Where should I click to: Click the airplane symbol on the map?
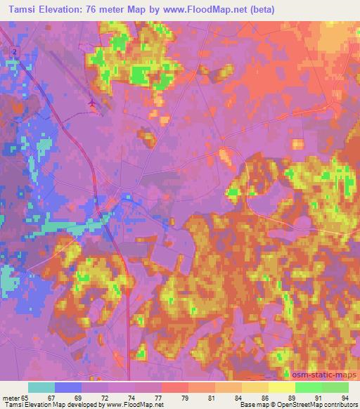point(91,104)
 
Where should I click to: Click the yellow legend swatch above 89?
point(281,387)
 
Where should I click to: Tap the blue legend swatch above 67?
point(67,387)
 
